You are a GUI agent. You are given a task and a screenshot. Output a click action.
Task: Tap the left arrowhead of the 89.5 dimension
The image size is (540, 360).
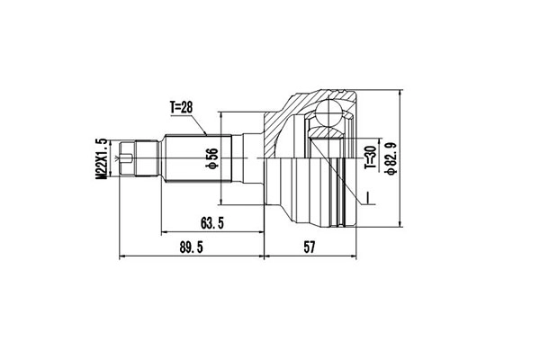pyautogui.click(x=122, y=256)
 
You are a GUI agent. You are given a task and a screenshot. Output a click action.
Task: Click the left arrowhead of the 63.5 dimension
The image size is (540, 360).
pyautogui.click(x=164, y=232)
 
